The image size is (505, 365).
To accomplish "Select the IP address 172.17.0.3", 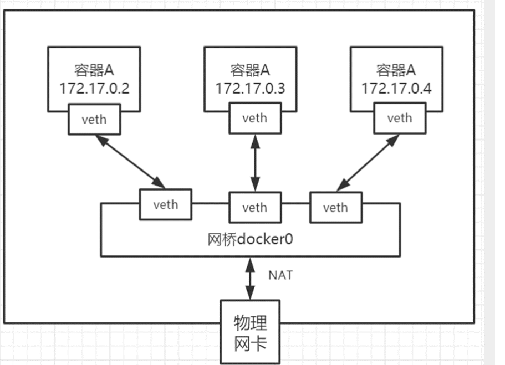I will tap(250, 88).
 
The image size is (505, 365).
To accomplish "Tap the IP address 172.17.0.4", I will tap(396, 88).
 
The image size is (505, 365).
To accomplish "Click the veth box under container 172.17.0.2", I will tap(94, 119).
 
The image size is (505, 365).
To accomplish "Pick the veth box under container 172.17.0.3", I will tap(255, 118).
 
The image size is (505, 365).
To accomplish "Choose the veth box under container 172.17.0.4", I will tap(400, 118).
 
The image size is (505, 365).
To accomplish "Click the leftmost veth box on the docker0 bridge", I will tap(166, 204).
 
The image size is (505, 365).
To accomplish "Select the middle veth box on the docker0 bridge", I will tap(255, 208).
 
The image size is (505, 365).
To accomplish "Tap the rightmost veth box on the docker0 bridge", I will tap(335, 208).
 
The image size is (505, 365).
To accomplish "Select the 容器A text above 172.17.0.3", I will tap(250, 70).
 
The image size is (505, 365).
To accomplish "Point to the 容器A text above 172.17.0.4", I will tap(396, 70).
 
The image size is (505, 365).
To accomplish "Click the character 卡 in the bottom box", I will tap(259, 344).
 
